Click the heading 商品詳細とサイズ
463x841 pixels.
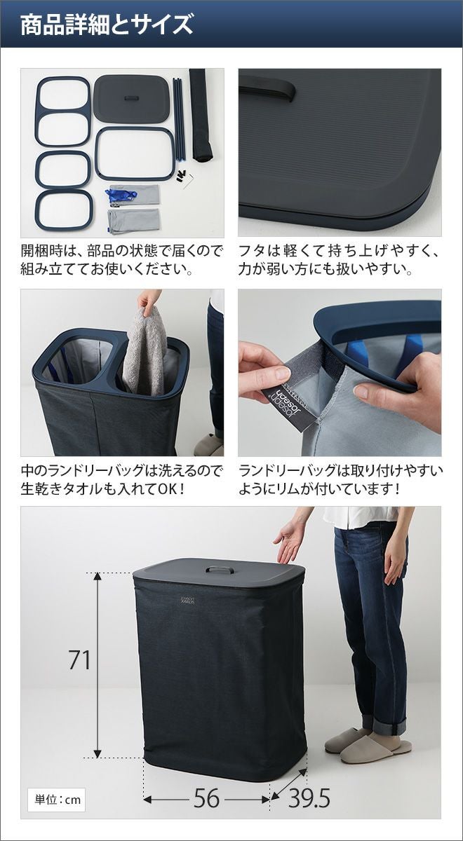pyautogui.click(x=107, y=25)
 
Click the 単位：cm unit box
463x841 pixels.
pyautogui.click(x=58, y=800)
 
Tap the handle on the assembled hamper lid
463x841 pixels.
pyautogui.click(x=220, y=570)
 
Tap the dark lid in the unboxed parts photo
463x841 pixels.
pyautogui.click(x=131, y=99)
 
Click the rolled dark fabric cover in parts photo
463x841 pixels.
pyautogui.click(x=201, y=114)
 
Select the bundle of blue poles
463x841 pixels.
pyautogui.click(x=179, y=118)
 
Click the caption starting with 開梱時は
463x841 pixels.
pyautogui.click(x=122, y=260)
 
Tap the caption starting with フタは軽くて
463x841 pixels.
pyautogui.click(x=339, y=260)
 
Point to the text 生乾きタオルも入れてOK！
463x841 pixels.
pyautogui.click(x=102, y=489)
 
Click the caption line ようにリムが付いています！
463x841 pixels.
pyautogui.click(x=318, y=489)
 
